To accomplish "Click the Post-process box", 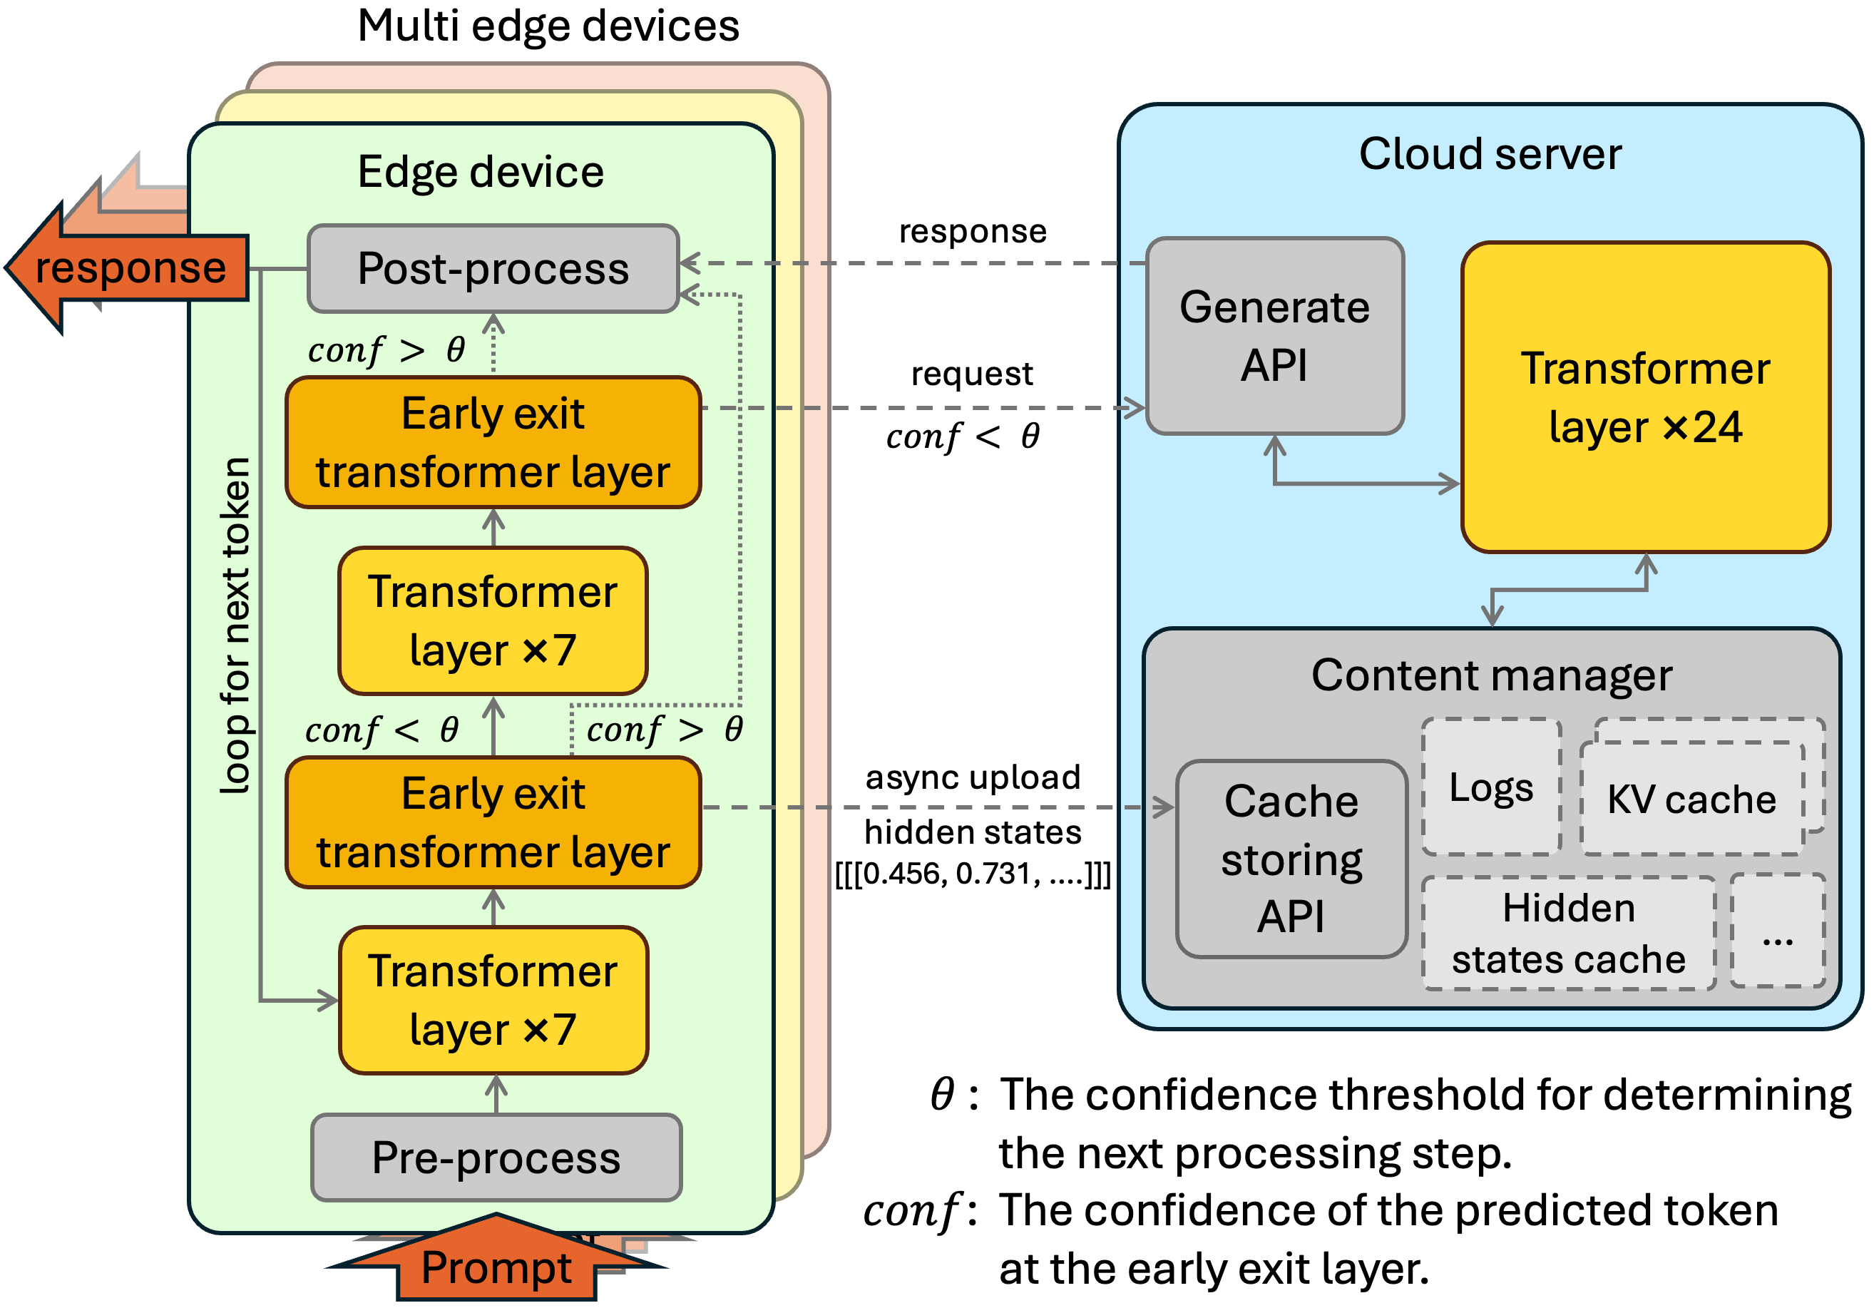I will [x=493, y=269].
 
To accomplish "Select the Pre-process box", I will [x=496, y=1157].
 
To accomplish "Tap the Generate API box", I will [x=1274, y=336].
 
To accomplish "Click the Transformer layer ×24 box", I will [x=1646, y=398].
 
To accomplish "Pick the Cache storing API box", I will [x=1291, y=858].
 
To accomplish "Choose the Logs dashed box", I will [x=1491, y=787].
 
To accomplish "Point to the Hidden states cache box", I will [x=1568, y=934].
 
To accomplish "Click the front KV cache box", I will [x=1691, y=799].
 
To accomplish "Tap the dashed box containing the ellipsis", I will [x=1778, y=931].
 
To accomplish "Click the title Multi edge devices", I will [x=548, y=26].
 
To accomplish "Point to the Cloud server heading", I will [x=1490, y=153].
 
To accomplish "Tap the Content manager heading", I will [x=1491, y=675].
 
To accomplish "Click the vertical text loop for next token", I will [x=235, y=625].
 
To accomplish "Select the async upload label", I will [x=972, y=777].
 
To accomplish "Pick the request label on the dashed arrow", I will [x=971, y=374].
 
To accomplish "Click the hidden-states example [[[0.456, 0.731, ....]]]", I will [x=972, y=874].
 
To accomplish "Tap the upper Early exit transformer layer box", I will [x=493, y=442].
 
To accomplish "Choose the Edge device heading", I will [x=481, y=173].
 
